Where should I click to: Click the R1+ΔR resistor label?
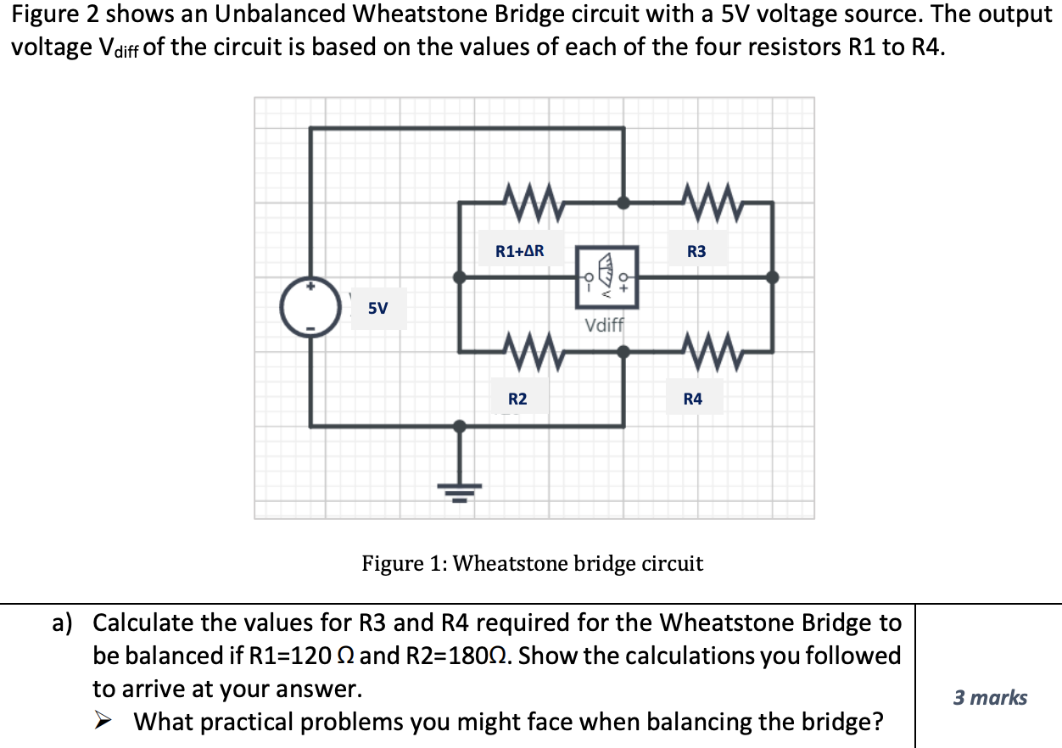[x=519, y=251]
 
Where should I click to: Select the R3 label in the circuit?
[x=696, y=251]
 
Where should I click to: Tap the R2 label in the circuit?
[x=517, y=399]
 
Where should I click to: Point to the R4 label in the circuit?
[x=693, y=399]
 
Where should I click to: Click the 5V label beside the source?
[x=378, y=308]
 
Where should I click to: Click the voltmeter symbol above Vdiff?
[x=606, y=276]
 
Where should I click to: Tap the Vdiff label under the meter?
[x=604, y=325]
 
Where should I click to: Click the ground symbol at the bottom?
[x=460, y=487]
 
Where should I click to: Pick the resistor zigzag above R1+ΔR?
[x=532, y=203]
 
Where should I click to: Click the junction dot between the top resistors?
[x=623, y=203]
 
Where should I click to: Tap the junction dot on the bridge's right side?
[x=772, y=276]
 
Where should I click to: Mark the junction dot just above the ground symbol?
[x=460, y=426]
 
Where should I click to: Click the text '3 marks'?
[x=990, y=698]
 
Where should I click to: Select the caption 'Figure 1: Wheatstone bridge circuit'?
[x=532, y=563]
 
